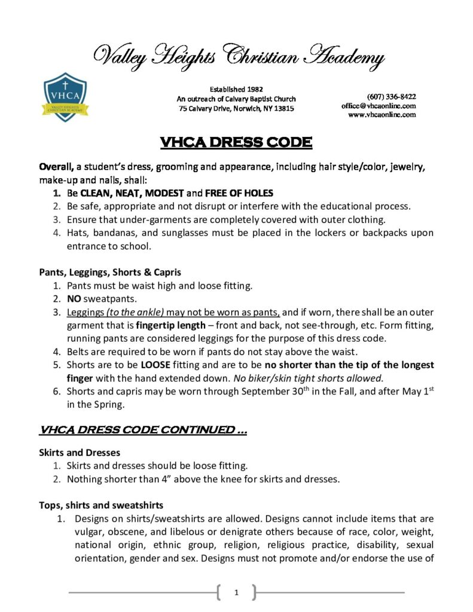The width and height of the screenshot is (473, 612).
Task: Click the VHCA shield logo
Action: coord(66,96)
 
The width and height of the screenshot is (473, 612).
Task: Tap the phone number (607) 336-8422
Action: coord(391,96)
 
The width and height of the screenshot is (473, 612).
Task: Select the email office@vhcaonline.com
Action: coord(379,105)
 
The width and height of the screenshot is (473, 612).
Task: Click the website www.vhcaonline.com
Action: coord(382,114)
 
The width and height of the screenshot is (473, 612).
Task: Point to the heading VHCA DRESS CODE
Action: coord(236,142)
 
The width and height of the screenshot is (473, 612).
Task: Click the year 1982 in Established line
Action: coord(254,89)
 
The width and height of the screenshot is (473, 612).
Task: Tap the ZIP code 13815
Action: coord(283,108)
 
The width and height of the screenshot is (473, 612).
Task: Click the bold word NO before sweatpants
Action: coord(74,299)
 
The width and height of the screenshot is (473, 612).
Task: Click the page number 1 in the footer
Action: coord(236,592)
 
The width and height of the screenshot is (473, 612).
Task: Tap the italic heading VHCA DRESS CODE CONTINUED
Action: coord(143,430)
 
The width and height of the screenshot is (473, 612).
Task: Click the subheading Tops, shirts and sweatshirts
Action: coord(97,505)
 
